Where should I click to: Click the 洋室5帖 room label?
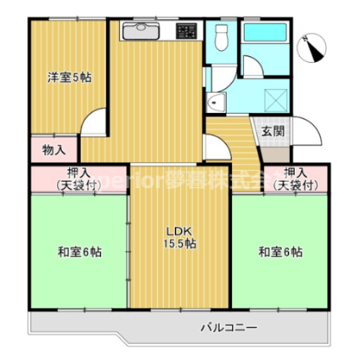pos(70,78)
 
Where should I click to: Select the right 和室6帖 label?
pos(280,252)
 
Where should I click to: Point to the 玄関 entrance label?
pos(273,132)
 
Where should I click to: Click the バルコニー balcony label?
pos(229,327)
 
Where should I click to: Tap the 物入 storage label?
pos(53,150)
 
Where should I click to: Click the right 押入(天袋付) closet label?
pos(295,178)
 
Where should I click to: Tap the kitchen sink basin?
pos(141,31)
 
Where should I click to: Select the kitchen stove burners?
pos(186,31)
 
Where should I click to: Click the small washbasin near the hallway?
pos(216,101)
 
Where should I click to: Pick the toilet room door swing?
pos(215,147)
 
